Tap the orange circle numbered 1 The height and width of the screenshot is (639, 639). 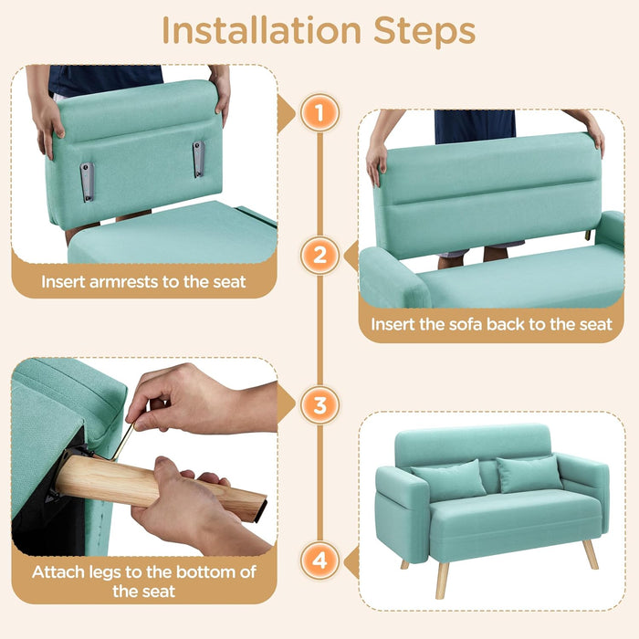319,114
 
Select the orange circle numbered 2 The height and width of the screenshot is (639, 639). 319,255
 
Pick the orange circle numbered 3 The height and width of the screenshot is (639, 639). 319,404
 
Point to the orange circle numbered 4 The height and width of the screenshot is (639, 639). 319,558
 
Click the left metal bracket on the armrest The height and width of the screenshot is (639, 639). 88,182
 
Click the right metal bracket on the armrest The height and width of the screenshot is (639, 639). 198,158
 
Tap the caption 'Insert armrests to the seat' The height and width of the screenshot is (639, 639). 143,282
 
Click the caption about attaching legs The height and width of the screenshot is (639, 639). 144,581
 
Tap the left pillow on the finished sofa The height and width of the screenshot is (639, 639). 448,479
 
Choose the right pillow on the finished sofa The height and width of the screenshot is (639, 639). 530,474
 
